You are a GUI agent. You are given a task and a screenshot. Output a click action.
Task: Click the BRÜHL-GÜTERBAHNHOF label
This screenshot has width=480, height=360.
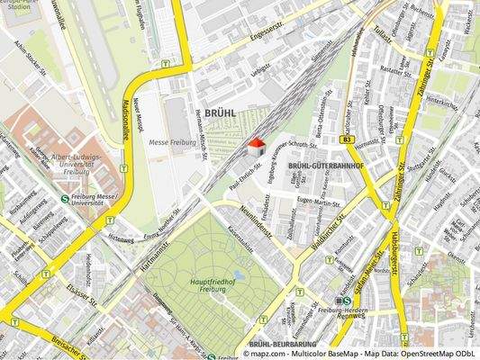326,166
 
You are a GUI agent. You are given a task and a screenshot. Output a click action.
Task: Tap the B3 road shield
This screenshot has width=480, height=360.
346,140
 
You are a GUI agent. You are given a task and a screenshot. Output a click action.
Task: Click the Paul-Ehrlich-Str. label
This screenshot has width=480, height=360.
246,169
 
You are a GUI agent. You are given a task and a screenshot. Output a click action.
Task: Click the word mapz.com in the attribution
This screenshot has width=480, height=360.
270,354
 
